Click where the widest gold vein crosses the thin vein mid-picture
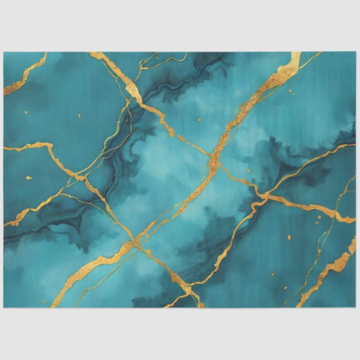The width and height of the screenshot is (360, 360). tap(214, 162)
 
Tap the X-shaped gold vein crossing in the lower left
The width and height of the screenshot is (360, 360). tap(135, 244)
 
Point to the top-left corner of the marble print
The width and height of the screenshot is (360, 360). tap(4, 53)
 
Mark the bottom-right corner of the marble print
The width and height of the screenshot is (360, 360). tap(356, 307)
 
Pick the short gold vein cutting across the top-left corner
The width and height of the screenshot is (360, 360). tap(25, 73)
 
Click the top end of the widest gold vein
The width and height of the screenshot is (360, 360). tap(295, 56)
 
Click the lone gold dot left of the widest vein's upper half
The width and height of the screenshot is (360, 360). tap(200, 119)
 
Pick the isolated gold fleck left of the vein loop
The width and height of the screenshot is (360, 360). tap(289, 237)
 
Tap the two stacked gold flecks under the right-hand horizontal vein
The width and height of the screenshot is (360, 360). tap(318, 215)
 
